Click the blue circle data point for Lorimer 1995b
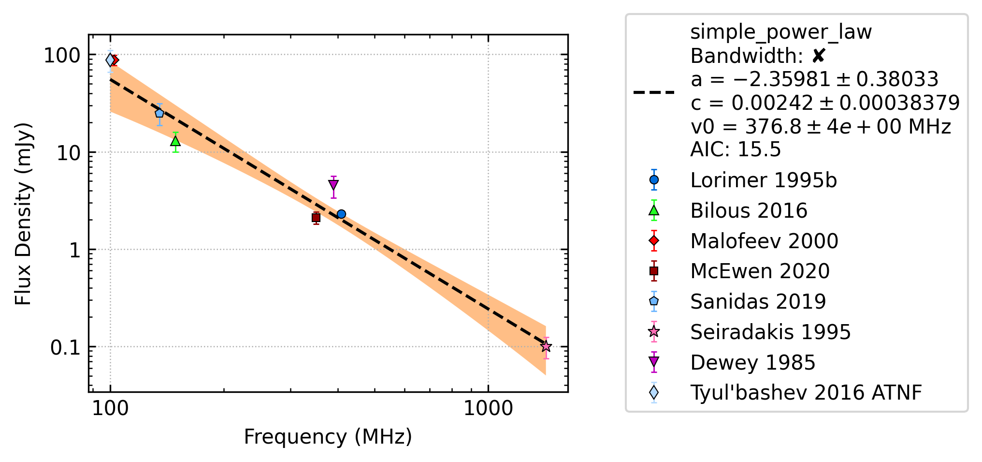click(x=341, y=214)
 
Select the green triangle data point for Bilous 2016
click(x=175, y=141)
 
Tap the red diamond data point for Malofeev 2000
click(x=115, y=60)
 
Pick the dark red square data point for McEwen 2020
click(x=316, y=218)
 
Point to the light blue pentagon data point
click(x=159, y=113)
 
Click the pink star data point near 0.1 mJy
click(x=546, y=346)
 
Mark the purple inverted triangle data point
click(x=333, y=185)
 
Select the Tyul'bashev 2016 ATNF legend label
click(x=806, y=393)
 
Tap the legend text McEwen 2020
click(x=760, y=271)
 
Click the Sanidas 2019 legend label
click(x=758, y=301)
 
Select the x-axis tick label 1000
click(x=488, y=409)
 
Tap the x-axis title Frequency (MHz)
click(x=328, y=437)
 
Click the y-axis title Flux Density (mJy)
click(x=23, y=214)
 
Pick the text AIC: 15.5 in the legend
click(x=736, y=149)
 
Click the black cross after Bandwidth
click(x=819, y=56)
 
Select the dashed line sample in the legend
click(x=654, y=92)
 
